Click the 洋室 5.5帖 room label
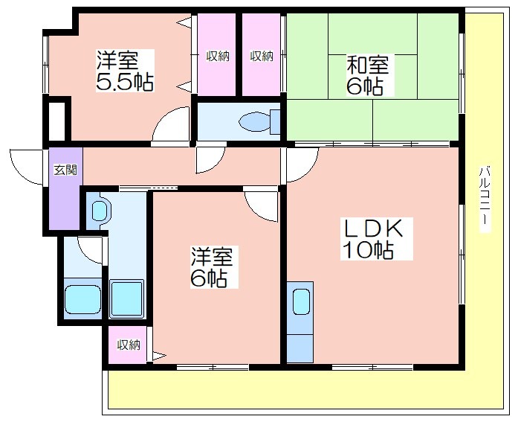click(x=125, y=71)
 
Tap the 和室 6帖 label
click(x=367, y=75)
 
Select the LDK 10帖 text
click(x=376, y=239)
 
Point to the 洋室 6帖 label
click(x=214, y=267)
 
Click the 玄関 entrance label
click(x=65, y=170)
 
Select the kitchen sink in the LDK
click(x=301, y=301)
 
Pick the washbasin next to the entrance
click(x=99, y=211)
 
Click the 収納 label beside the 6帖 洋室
click(x=129, y=345)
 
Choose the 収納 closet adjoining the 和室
click(x=262, y=56)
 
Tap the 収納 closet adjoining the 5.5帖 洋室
click(x=218, y=56)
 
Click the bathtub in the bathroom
click(x=82, y=300)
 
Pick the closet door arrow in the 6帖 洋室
click(x=159, y=357)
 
